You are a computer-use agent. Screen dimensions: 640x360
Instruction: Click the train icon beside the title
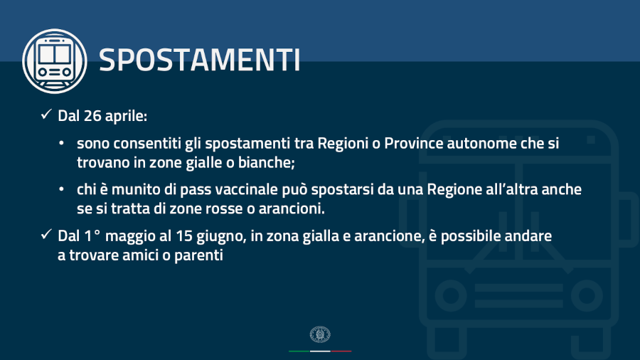tap(55, 61)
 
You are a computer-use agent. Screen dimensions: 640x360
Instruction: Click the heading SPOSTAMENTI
tap(200, 60)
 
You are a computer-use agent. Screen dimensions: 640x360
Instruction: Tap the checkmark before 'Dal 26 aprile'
tap(46, 115)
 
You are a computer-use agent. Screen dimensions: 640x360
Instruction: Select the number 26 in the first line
tap(92, 116)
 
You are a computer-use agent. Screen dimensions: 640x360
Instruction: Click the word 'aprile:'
tap(126, 117)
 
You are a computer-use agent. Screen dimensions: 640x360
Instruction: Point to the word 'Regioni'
tap(343, 144)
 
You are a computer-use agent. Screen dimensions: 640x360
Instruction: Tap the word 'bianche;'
tap(266, 162)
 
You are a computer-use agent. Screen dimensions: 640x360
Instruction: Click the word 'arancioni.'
tap(292, 209)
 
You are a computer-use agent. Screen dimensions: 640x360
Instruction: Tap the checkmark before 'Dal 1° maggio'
tap(46, 234)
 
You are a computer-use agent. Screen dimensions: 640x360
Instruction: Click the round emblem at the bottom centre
tap(320, 334)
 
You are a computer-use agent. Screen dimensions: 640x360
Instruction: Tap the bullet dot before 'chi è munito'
tap(61, 189)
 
